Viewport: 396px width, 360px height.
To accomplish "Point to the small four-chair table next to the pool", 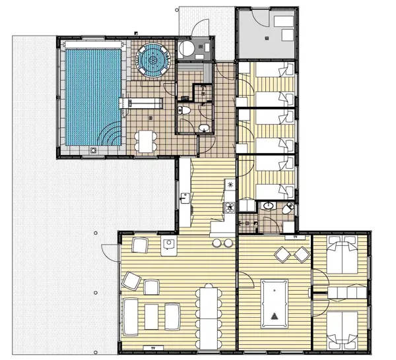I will pos(145,140).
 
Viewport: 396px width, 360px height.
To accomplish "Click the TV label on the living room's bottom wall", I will pos(153,345).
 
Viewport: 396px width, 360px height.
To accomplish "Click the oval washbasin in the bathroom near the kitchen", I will pos(267,206).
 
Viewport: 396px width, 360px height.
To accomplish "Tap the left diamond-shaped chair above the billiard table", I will pos(282,254).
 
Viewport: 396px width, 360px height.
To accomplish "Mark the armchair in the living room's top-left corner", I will pos(139,245).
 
